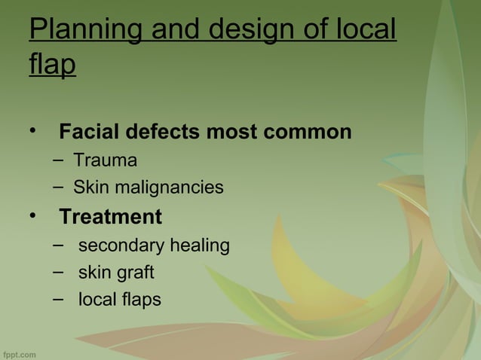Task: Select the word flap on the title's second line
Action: pos(52,65)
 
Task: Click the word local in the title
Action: pos(363,29)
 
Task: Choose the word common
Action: pos(308,133)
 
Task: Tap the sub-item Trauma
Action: pos(105,160)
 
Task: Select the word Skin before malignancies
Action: pos(89,187)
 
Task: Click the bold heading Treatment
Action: pos(110,217)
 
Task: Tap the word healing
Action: pos(200,246)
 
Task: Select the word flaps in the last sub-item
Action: pos(141,299)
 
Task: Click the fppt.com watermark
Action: pos(20,354)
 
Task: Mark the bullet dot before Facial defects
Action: pos(32,131)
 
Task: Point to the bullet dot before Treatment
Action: pos(32,216)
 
